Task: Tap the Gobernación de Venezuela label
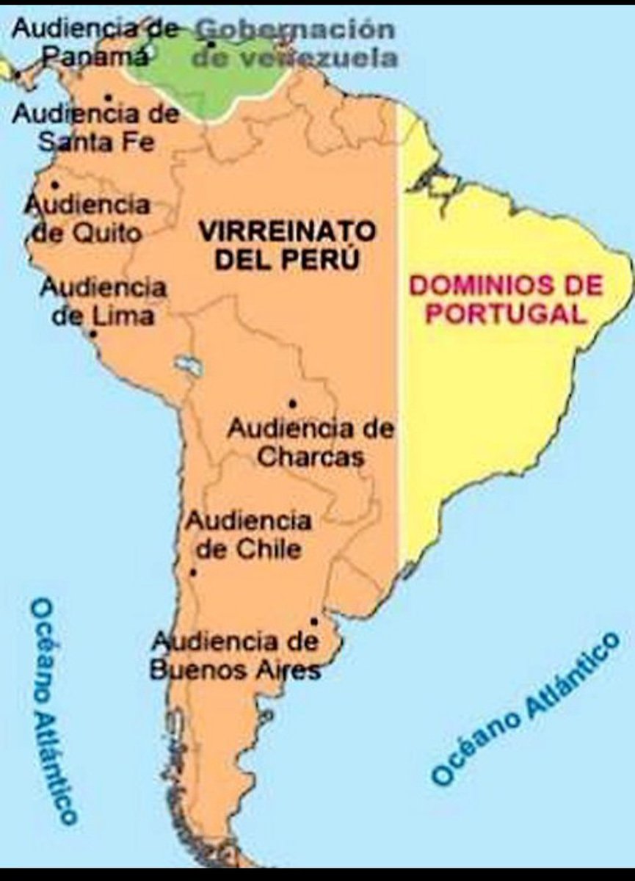click(294, 43)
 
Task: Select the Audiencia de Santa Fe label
click(95, 127)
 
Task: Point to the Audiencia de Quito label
click(87, 218)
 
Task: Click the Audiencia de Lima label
click(103, 301)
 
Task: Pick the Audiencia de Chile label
click(247, 535)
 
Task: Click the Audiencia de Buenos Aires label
click(235, 656)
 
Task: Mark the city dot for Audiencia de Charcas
click(292, 403)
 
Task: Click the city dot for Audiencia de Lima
click(92, 334)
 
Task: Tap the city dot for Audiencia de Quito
click(54, 184)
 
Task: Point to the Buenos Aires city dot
click(313, 621)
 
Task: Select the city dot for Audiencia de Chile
click(193, 573)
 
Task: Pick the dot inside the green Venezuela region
click(211, 44)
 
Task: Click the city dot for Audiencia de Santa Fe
click(108, 97)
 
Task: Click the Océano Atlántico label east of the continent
click(524, 708)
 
